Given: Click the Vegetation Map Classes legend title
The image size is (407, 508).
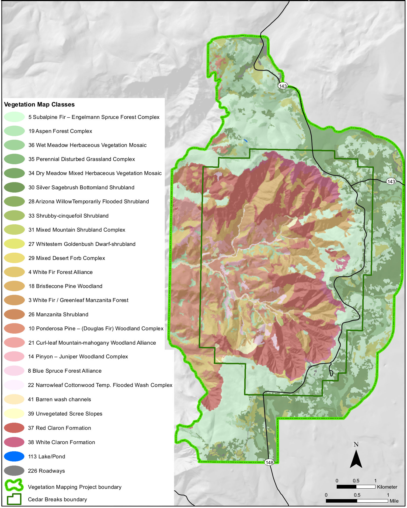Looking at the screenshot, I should coord(39,104).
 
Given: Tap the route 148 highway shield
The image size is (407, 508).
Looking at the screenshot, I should coord(269,462).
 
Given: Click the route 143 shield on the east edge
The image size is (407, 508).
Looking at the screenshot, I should coord(391,181).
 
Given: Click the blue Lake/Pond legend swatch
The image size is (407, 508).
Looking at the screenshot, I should coord(14,456).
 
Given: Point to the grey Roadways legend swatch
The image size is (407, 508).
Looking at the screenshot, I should coord(14,471).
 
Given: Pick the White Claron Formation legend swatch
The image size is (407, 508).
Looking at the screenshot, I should coord(14,442).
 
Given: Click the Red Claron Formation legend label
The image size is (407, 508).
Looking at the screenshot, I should coord(60,428).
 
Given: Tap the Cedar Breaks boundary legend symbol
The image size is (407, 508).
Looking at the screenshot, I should coord(14,499).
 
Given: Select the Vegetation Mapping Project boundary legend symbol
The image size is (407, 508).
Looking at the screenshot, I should coord(14,485).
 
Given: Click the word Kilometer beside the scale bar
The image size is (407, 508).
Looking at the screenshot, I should coord(387,487).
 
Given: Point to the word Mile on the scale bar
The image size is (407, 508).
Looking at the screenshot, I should coord(394,501).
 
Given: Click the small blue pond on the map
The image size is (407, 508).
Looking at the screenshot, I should coord(245,140).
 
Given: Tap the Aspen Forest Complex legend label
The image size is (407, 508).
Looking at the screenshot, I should coord(60,131).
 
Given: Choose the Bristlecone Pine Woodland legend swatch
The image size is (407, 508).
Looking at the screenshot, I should coord(14,286).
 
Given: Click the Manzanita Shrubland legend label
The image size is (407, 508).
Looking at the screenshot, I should coord(58,314).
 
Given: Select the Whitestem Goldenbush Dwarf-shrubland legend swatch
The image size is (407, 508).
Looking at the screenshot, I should coord(14,244).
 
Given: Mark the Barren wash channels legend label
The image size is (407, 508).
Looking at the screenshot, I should coord(60,399).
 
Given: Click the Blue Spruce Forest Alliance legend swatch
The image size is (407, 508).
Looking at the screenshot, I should coord(14,371).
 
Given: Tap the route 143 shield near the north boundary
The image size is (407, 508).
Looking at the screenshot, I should coord(283,86).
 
